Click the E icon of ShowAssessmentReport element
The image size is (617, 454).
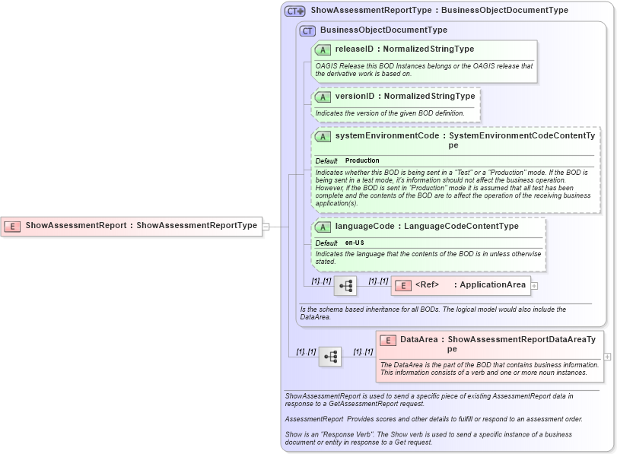(x=12, y=226)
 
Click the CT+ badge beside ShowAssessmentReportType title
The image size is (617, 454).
(x=294, y=11)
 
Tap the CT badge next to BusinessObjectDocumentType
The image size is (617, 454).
(x=307, y=30)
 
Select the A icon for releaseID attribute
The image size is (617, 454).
(x=323, y=49)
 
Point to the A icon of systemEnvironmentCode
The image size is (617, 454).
(x=323, y=136)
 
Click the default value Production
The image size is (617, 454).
(x=362, y=161)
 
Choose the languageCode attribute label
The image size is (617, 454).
(x=364, y=227)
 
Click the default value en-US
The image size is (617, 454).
(x=355, y=243)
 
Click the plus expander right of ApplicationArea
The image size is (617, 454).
(x=534, y=286)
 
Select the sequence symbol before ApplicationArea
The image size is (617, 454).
(x=345, y=286)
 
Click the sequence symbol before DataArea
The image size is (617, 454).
(x=330, y=357)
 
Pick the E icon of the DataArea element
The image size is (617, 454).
(x=388, y=341)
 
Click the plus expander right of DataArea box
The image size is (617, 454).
(x=607, y=356)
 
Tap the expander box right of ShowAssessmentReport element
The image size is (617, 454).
(x=266, y=226)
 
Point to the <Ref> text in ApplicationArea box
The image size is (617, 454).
(x=428, y=285)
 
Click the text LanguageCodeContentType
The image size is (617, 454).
(x=461, y=227)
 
